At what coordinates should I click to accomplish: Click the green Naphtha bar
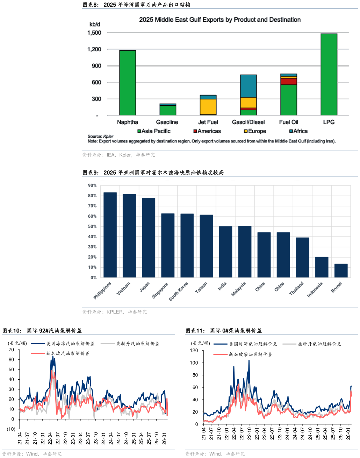(127, 83)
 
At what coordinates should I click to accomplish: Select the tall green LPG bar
(329, 75)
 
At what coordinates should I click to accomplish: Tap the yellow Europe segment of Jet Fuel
(208, 107)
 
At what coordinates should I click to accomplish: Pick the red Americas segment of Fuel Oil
(289, 82)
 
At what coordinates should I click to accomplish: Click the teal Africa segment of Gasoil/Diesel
(248, 86)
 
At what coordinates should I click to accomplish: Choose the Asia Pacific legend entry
(154, 131)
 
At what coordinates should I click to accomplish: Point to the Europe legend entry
(255, 131)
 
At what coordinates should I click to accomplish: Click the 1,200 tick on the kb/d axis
(94, 49)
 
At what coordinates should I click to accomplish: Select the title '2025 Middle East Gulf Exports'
(219, 20)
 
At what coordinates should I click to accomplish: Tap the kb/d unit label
(95, 24)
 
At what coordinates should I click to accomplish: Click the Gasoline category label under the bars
(167, 122)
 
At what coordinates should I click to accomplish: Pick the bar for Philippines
(110, 235)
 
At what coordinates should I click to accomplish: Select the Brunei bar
(341, 270)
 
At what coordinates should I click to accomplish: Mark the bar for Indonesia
(322, 267)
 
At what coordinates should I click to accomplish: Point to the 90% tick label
(92, 185)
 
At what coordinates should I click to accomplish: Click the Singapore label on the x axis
(160, 290)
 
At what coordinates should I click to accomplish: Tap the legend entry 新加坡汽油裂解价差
(68, 353)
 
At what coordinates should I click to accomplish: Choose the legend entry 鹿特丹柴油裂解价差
(319, 344)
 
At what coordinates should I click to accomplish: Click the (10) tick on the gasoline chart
(11, 429)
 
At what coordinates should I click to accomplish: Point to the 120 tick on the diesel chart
(194, 351)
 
